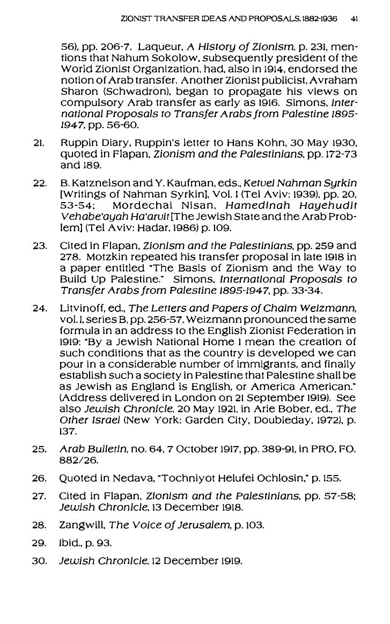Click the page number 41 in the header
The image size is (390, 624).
tap(354, 17)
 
